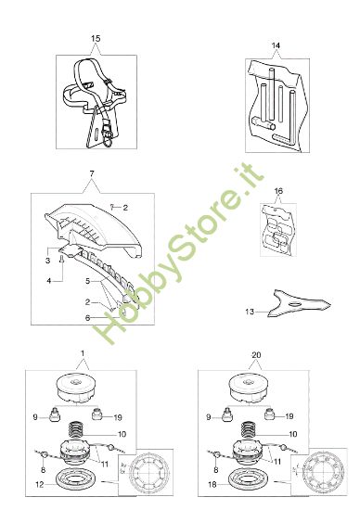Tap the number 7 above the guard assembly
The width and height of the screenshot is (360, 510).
click(91, 175)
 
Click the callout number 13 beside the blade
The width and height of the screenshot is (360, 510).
click(247, 312)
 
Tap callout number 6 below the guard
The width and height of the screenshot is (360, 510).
click(62, 317)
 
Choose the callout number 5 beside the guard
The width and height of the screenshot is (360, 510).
click(62, 280)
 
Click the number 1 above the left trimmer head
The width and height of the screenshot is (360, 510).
click(82, 353)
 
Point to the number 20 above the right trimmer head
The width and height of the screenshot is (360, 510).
click(255, 353)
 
